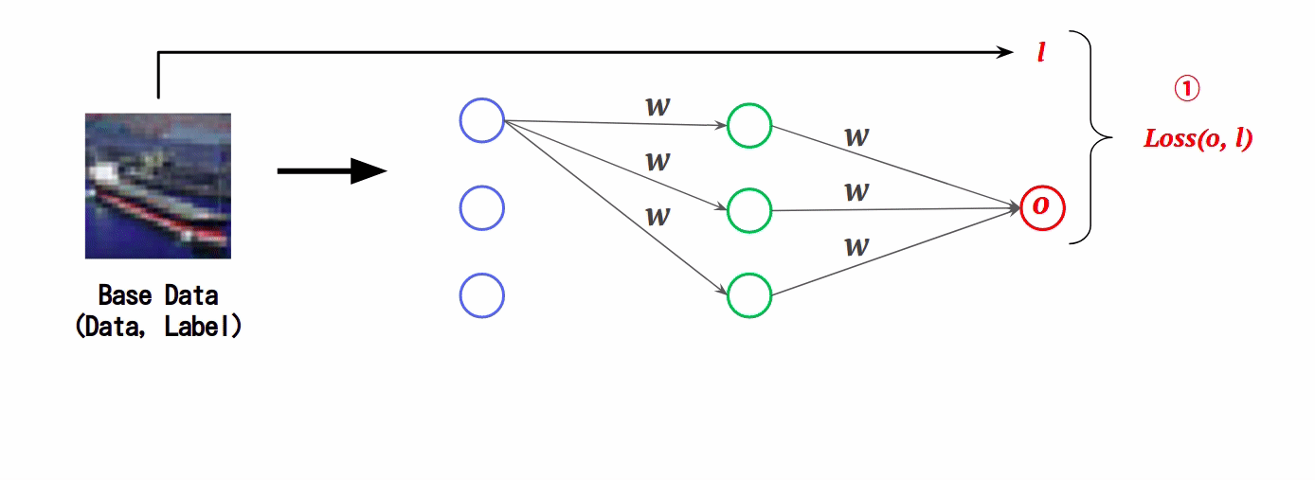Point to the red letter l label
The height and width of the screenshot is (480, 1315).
click(1041, 52)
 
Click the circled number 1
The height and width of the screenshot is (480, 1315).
click(1187, 89)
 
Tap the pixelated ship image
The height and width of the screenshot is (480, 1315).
click(158, 186)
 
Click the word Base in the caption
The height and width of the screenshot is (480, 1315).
click(124, 295)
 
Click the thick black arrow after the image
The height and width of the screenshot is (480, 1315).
click(333, 171)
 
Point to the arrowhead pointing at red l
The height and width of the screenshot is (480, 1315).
click(1005, 52)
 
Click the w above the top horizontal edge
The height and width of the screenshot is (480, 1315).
click(657, 107)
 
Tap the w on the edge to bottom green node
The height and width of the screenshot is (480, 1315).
click(657, 217)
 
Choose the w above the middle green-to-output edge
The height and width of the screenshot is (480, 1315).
click(857, 192)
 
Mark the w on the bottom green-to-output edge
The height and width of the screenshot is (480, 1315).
click(857, 246)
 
